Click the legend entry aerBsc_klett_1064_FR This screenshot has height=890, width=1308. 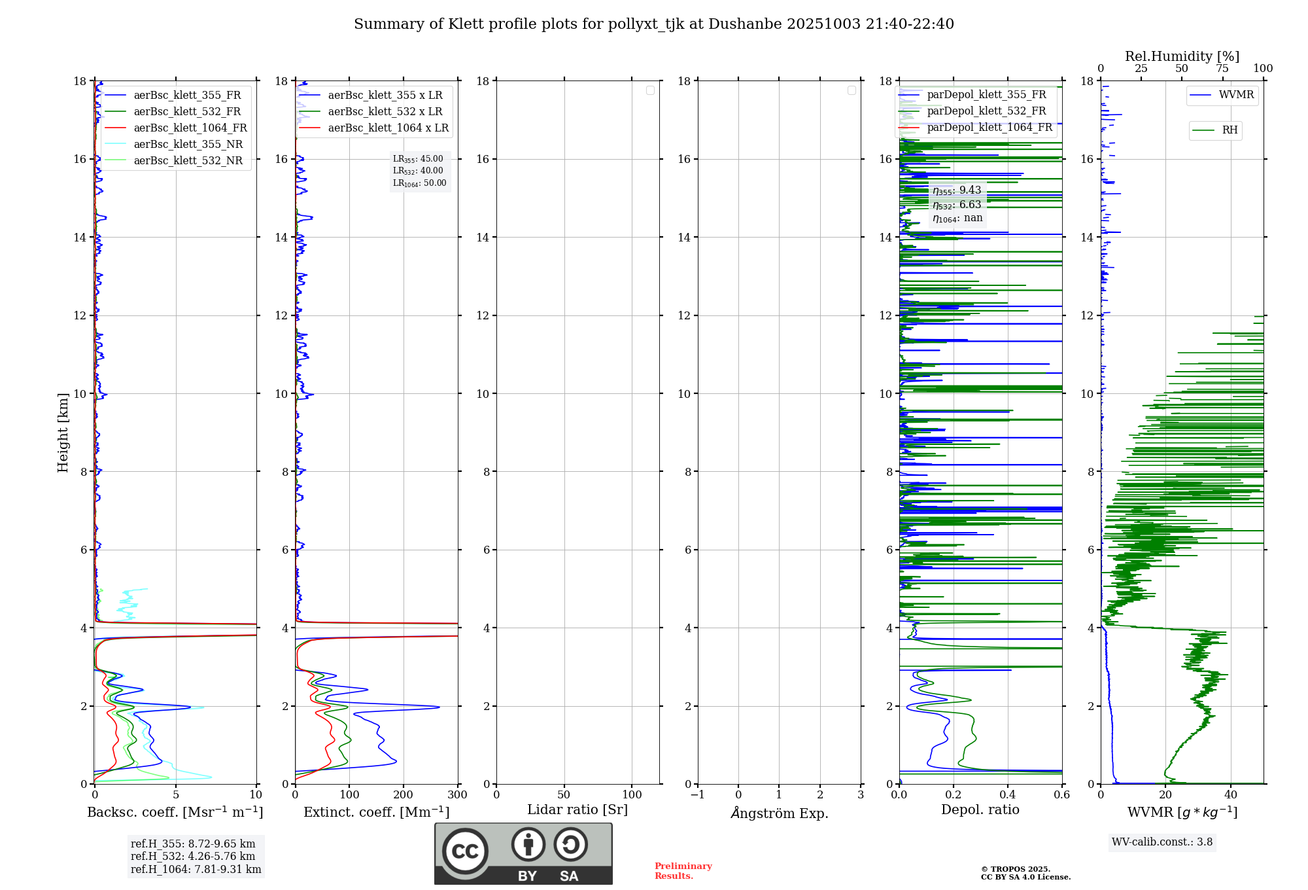pyautogui.click(x=190, y=128)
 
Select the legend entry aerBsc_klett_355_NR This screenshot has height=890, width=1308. pyautogui.click(x=188, y=145)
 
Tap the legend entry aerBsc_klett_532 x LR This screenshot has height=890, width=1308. pyautogui.click(x=385, y=112)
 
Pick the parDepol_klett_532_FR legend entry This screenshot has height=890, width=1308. pyautogui.click(x=986, y=111)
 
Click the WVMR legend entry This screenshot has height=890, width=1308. pyautogui.click(x=1236, y=95)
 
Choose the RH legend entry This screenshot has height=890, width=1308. pyautogui.click(x=1230, y=130)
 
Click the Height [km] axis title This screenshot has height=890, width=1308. pyautogui.click(x=63, y=433)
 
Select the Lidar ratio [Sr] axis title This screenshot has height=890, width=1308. pyautogui.click(x=577, y=810)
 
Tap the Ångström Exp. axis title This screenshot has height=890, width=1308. pyautogui.click(x=780, y=813)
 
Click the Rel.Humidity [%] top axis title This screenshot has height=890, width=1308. pyautogui.click(x=1182, y=56)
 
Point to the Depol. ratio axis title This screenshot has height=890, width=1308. pyautogui.click(x=980, y=810)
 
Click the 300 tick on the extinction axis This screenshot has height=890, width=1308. pyautogui.click(x=457, y=795)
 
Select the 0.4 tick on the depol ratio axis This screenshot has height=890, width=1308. pyautogui.click(x=1008, y=795)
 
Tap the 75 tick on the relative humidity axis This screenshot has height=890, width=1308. pyautogui.click(x=1222, y=69)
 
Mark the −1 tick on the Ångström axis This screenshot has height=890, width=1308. pyautogui.click(x=697, y=795)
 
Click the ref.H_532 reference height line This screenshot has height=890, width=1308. pyautogui.click(x=193, y=857)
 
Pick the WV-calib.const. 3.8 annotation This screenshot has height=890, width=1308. pyautogui.click(x=1162, y=842)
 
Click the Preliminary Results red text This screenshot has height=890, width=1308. pyautogui.click(x=683, y=871)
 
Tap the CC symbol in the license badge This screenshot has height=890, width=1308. pyautogui.click(x=465, y=851)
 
